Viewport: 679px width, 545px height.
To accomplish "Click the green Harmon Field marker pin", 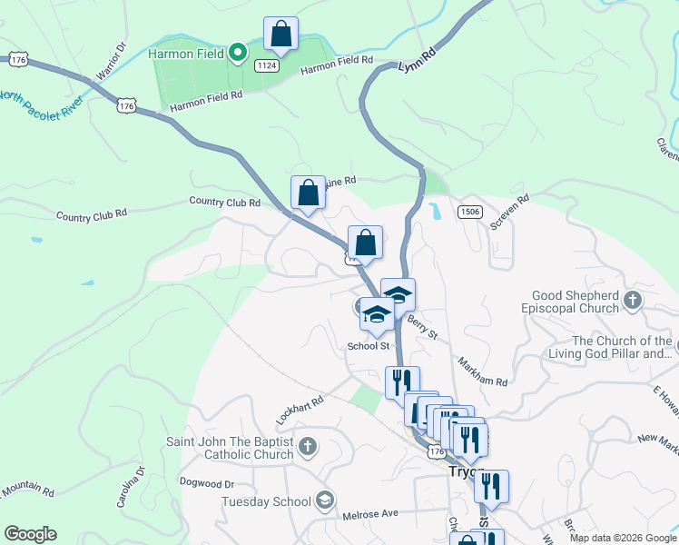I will pos(238,53).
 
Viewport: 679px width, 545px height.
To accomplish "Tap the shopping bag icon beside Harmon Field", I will pos(281,35).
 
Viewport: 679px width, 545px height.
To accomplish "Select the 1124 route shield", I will pos(267,65).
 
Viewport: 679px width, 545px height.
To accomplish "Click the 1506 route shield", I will pos(469,212).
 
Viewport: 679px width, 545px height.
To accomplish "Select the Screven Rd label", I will pos(509,211).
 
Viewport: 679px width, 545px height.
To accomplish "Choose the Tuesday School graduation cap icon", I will pos(324,500).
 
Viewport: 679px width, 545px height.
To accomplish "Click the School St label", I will pos(369,346).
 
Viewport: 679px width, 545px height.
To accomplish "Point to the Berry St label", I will pos(422,327).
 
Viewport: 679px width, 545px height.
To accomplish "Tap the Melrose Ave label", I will pos(370,514).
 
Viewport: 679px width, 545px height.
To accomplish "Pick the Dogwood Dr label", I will pos(207,482).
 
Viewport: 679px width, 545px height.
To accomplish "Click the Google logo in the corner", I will pos(30,534).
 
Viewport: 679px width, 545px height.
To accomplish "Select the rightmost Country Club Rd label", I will pos(224,202).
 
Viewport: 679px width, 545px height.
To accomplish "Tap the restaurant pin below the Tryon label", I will pos(491,488).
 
